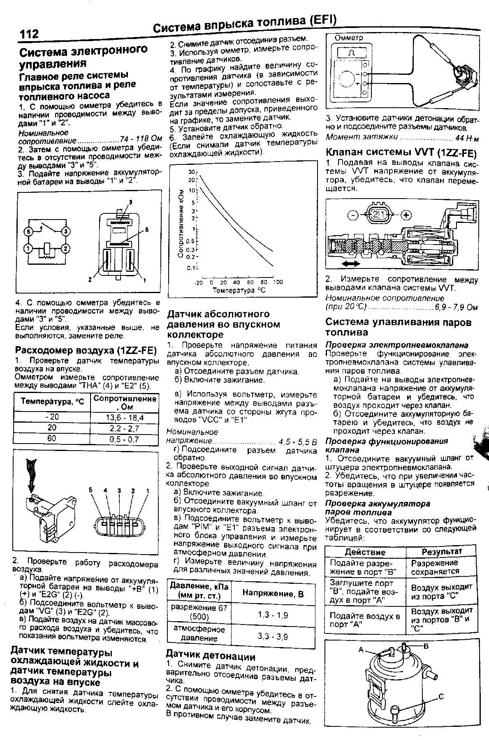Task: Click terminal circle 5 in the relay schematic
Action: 28,232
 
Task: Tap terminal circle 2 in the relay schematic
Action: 65,249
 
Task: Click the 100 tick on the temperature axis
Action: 278,282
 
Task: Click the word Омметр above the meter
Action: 349,38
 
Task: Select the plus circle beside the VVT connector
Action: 406,215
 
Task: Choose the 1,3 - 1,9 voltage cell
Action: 273,615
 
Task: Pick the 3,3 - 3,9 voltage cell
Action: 273,637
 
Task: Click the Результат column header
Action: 442,551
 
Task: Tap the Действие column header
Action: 365,552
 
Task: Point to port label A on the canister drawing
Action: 361,650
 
